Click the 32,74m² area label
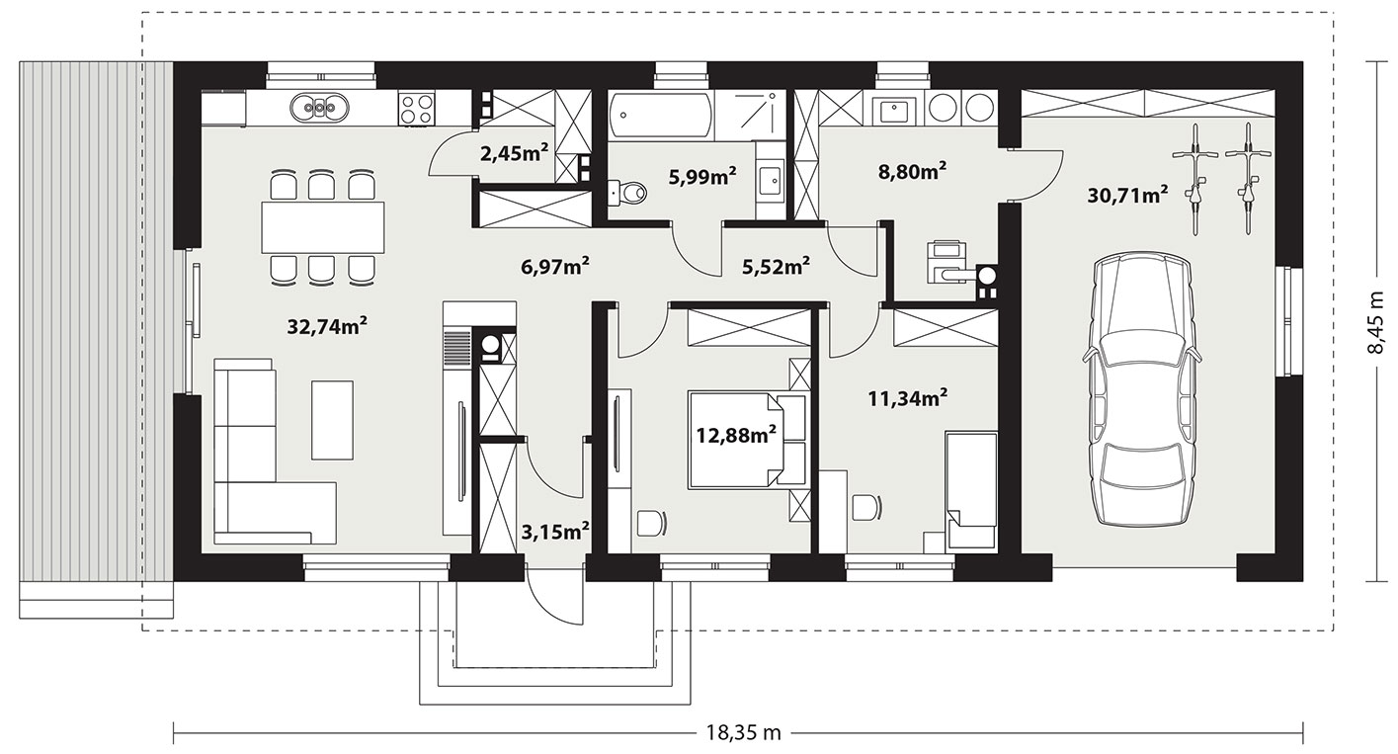click(x=327, y=326)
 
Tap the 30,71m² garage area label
click(x=1127, y=196)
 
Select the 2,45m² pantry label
click(x=515, y=153)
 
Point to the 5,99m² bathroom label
click(x=702, y=177)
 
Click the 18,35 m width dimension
click(x=743, y=732)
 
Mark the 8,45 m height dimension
click(x=1377, y=323)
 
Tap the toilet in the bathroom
click(x=627, y=193)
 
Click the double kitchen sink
click(x=318, y=108)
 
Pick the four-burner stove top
click(x=417, y=108)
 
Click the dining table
click(x=323, y=226)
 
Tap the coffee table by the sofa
click(x=333, y=420)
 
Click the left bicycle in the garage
click(x=1195, y=179)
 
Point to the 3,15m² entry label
click(x=555, y=532)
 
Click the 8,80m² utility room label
click(x=913, y=171)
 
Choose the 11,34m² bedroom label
click(x=908, y=397)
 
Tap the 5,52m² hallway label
click(x=776, y=267)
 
